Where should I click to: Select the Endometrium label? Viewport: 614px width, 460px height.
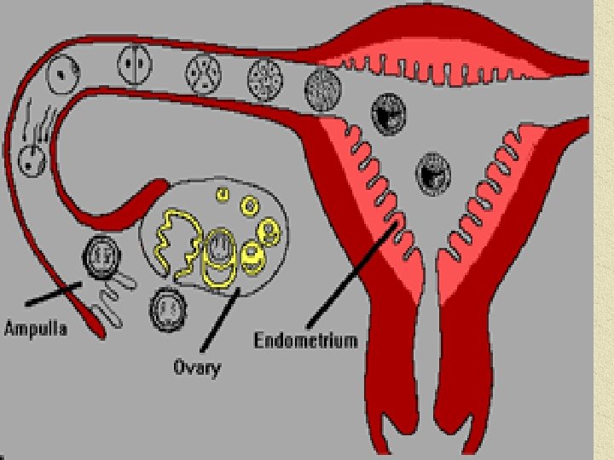point(306,341)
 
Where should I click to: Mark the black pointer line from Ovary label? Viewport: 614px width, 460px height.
point(223,324)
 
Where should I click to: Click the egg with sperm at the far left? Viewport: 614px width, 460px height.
point(32,158)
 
